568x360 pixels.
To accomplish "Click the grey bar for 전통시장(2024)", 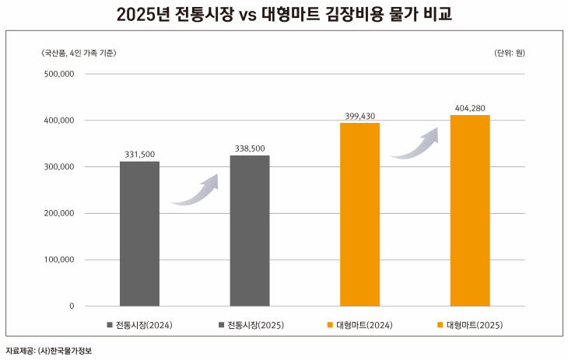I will click(x=139, y=233).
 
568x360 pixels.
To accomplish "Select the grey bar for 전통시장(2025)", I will click(x=249, y=230).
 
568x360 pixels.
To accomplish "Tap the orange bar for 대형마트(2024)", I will click(x=359, y=214).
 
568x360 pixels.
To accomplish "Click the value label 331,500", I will click(x=139, y=155).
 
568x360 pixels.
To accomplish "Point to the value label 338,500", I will click(x=250, y=149).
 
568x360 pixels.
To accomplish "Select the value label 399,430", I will click(x=359, y=116).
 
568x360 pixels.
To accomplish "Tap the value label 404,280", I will click(x=470, y=108).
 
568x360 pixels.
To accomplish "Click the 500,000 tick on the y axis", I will click(x=57, y=75).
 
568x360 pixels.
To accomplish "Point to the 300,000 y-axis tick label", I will click(x=57, y=167).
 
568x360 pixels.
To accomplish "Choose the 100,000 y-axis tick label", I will click(x=57, y=260).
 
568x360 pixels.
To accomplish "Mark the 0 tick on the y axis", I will click(x=71, y=306).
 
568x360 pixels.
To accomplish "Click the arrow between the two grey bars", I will click(x=195, y=191).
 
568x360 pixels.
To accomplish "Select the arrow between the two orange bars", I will click(x=415, y=145).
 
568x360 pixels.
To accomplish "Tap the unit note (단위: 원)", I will click(x=509, y=53).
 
